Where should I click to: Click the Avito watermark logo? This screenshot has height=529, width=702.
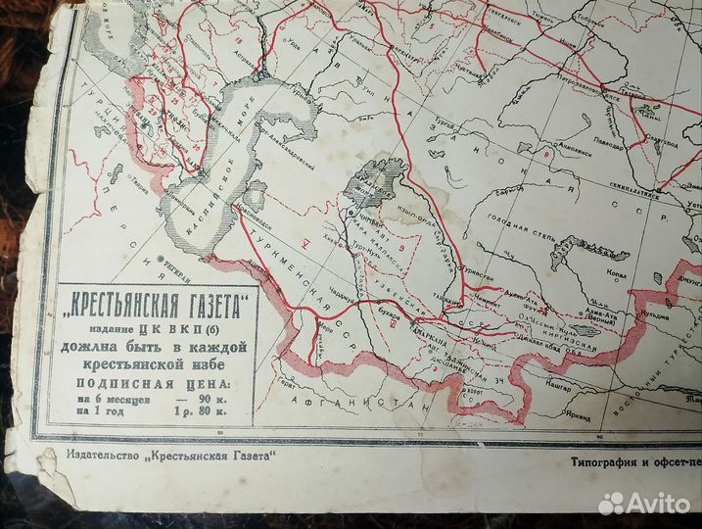click(644, 504)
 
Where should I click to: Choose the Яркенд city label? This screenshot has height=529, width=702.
click(578, 418)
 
